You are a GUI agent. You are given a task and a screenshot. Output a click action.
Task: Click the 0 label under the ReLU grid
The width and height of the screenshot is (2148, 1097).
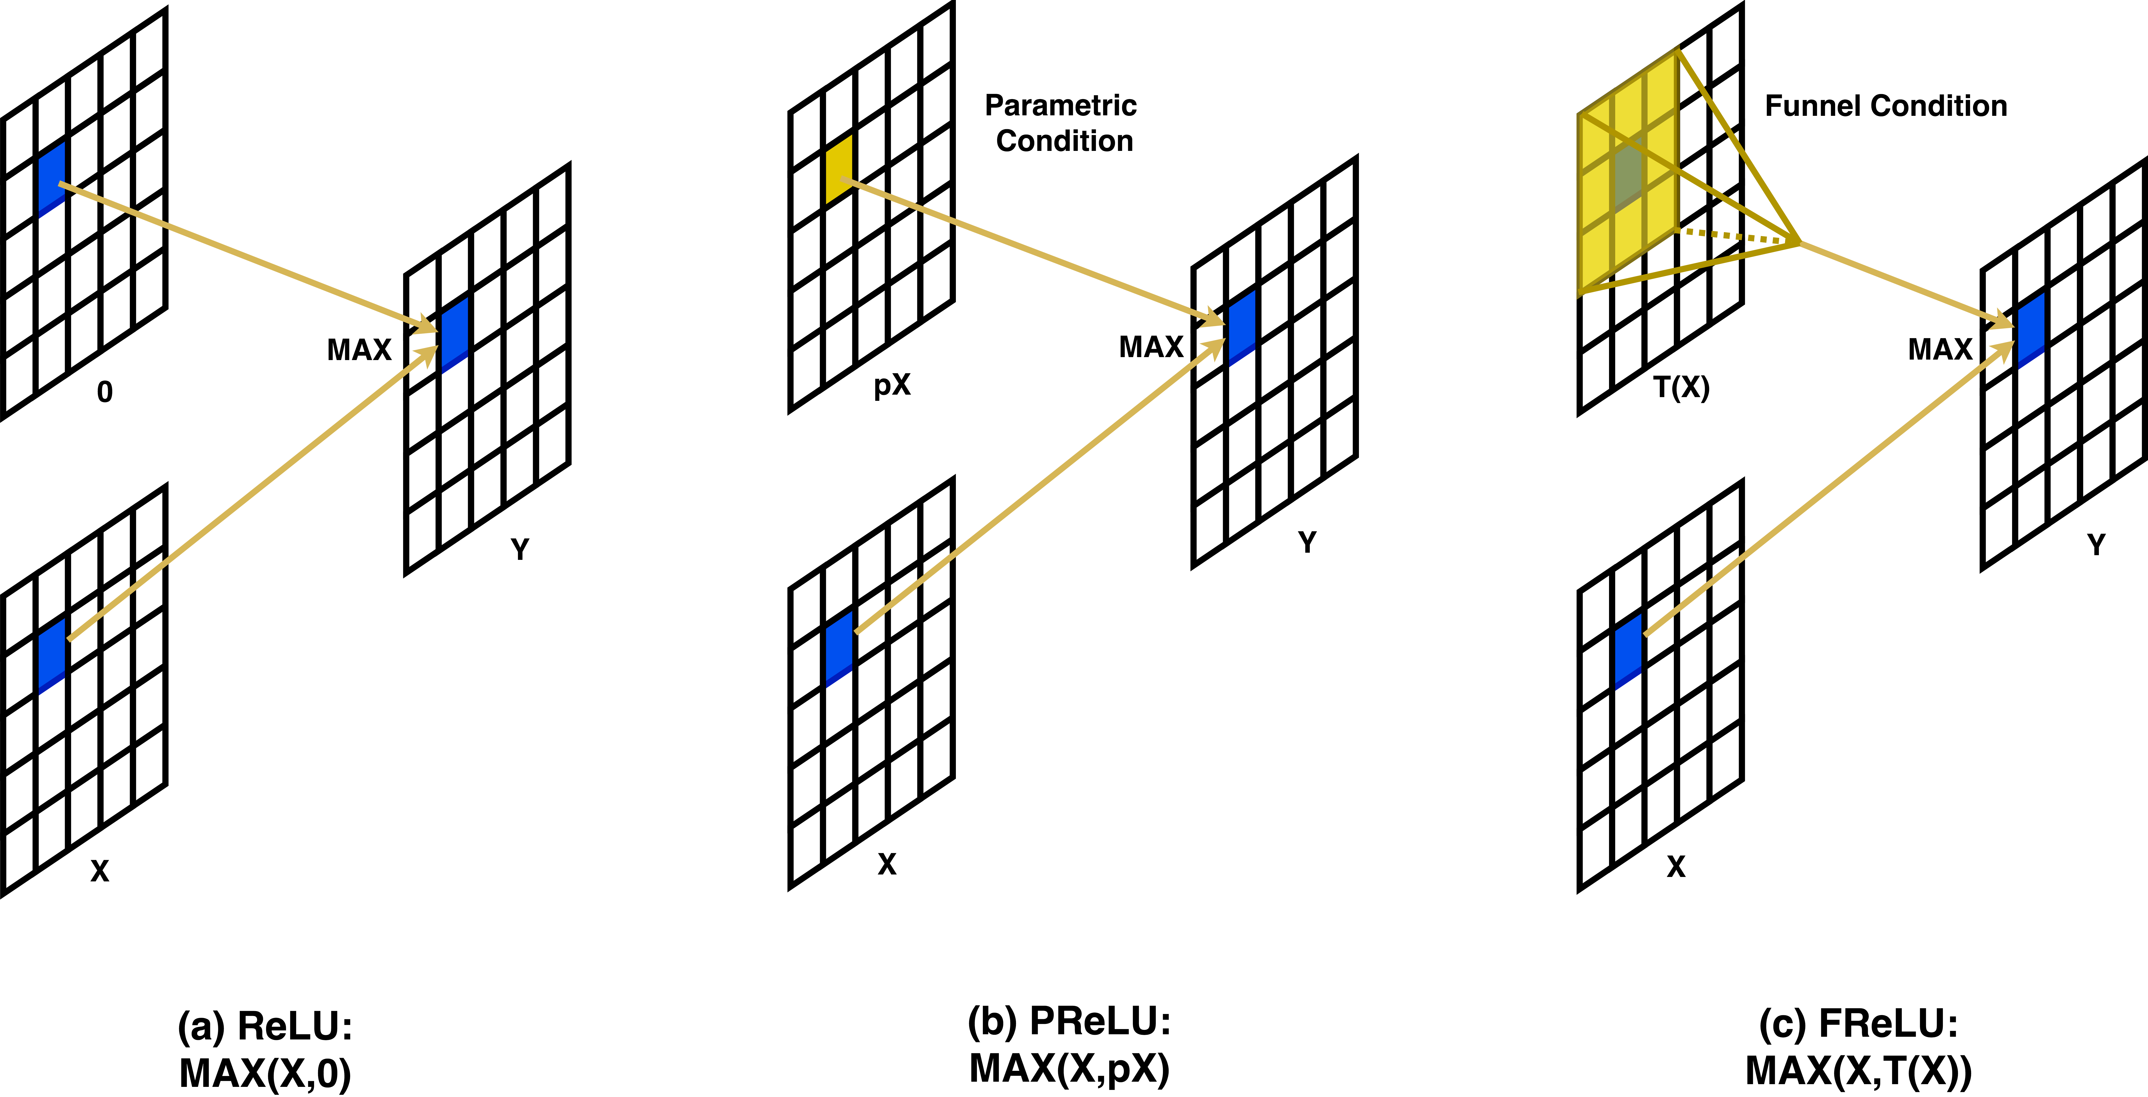pyautogui.click(x=104, y=392)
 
